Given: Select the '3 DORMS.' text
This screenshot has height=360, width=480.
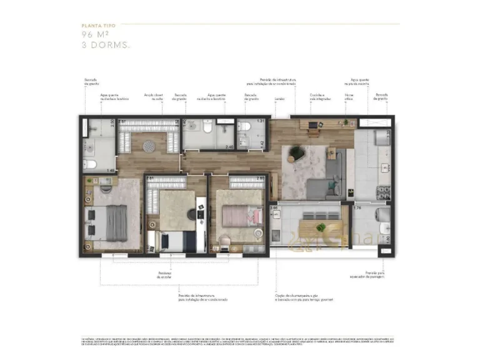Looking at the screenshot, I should pyautogui.click(x=104, y=45).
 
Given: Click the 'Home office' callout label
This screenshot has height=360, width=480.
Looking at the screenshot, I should pyautogui.click(x=349, y=97).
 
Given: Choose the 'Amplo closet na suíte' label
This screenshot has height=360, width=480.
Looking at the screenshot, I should pyautogui.click(x=153, y=97).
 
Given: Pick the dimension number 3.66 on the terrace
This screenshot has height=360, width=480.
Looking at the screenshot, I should pyautogui.click(x=273, y=207).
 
